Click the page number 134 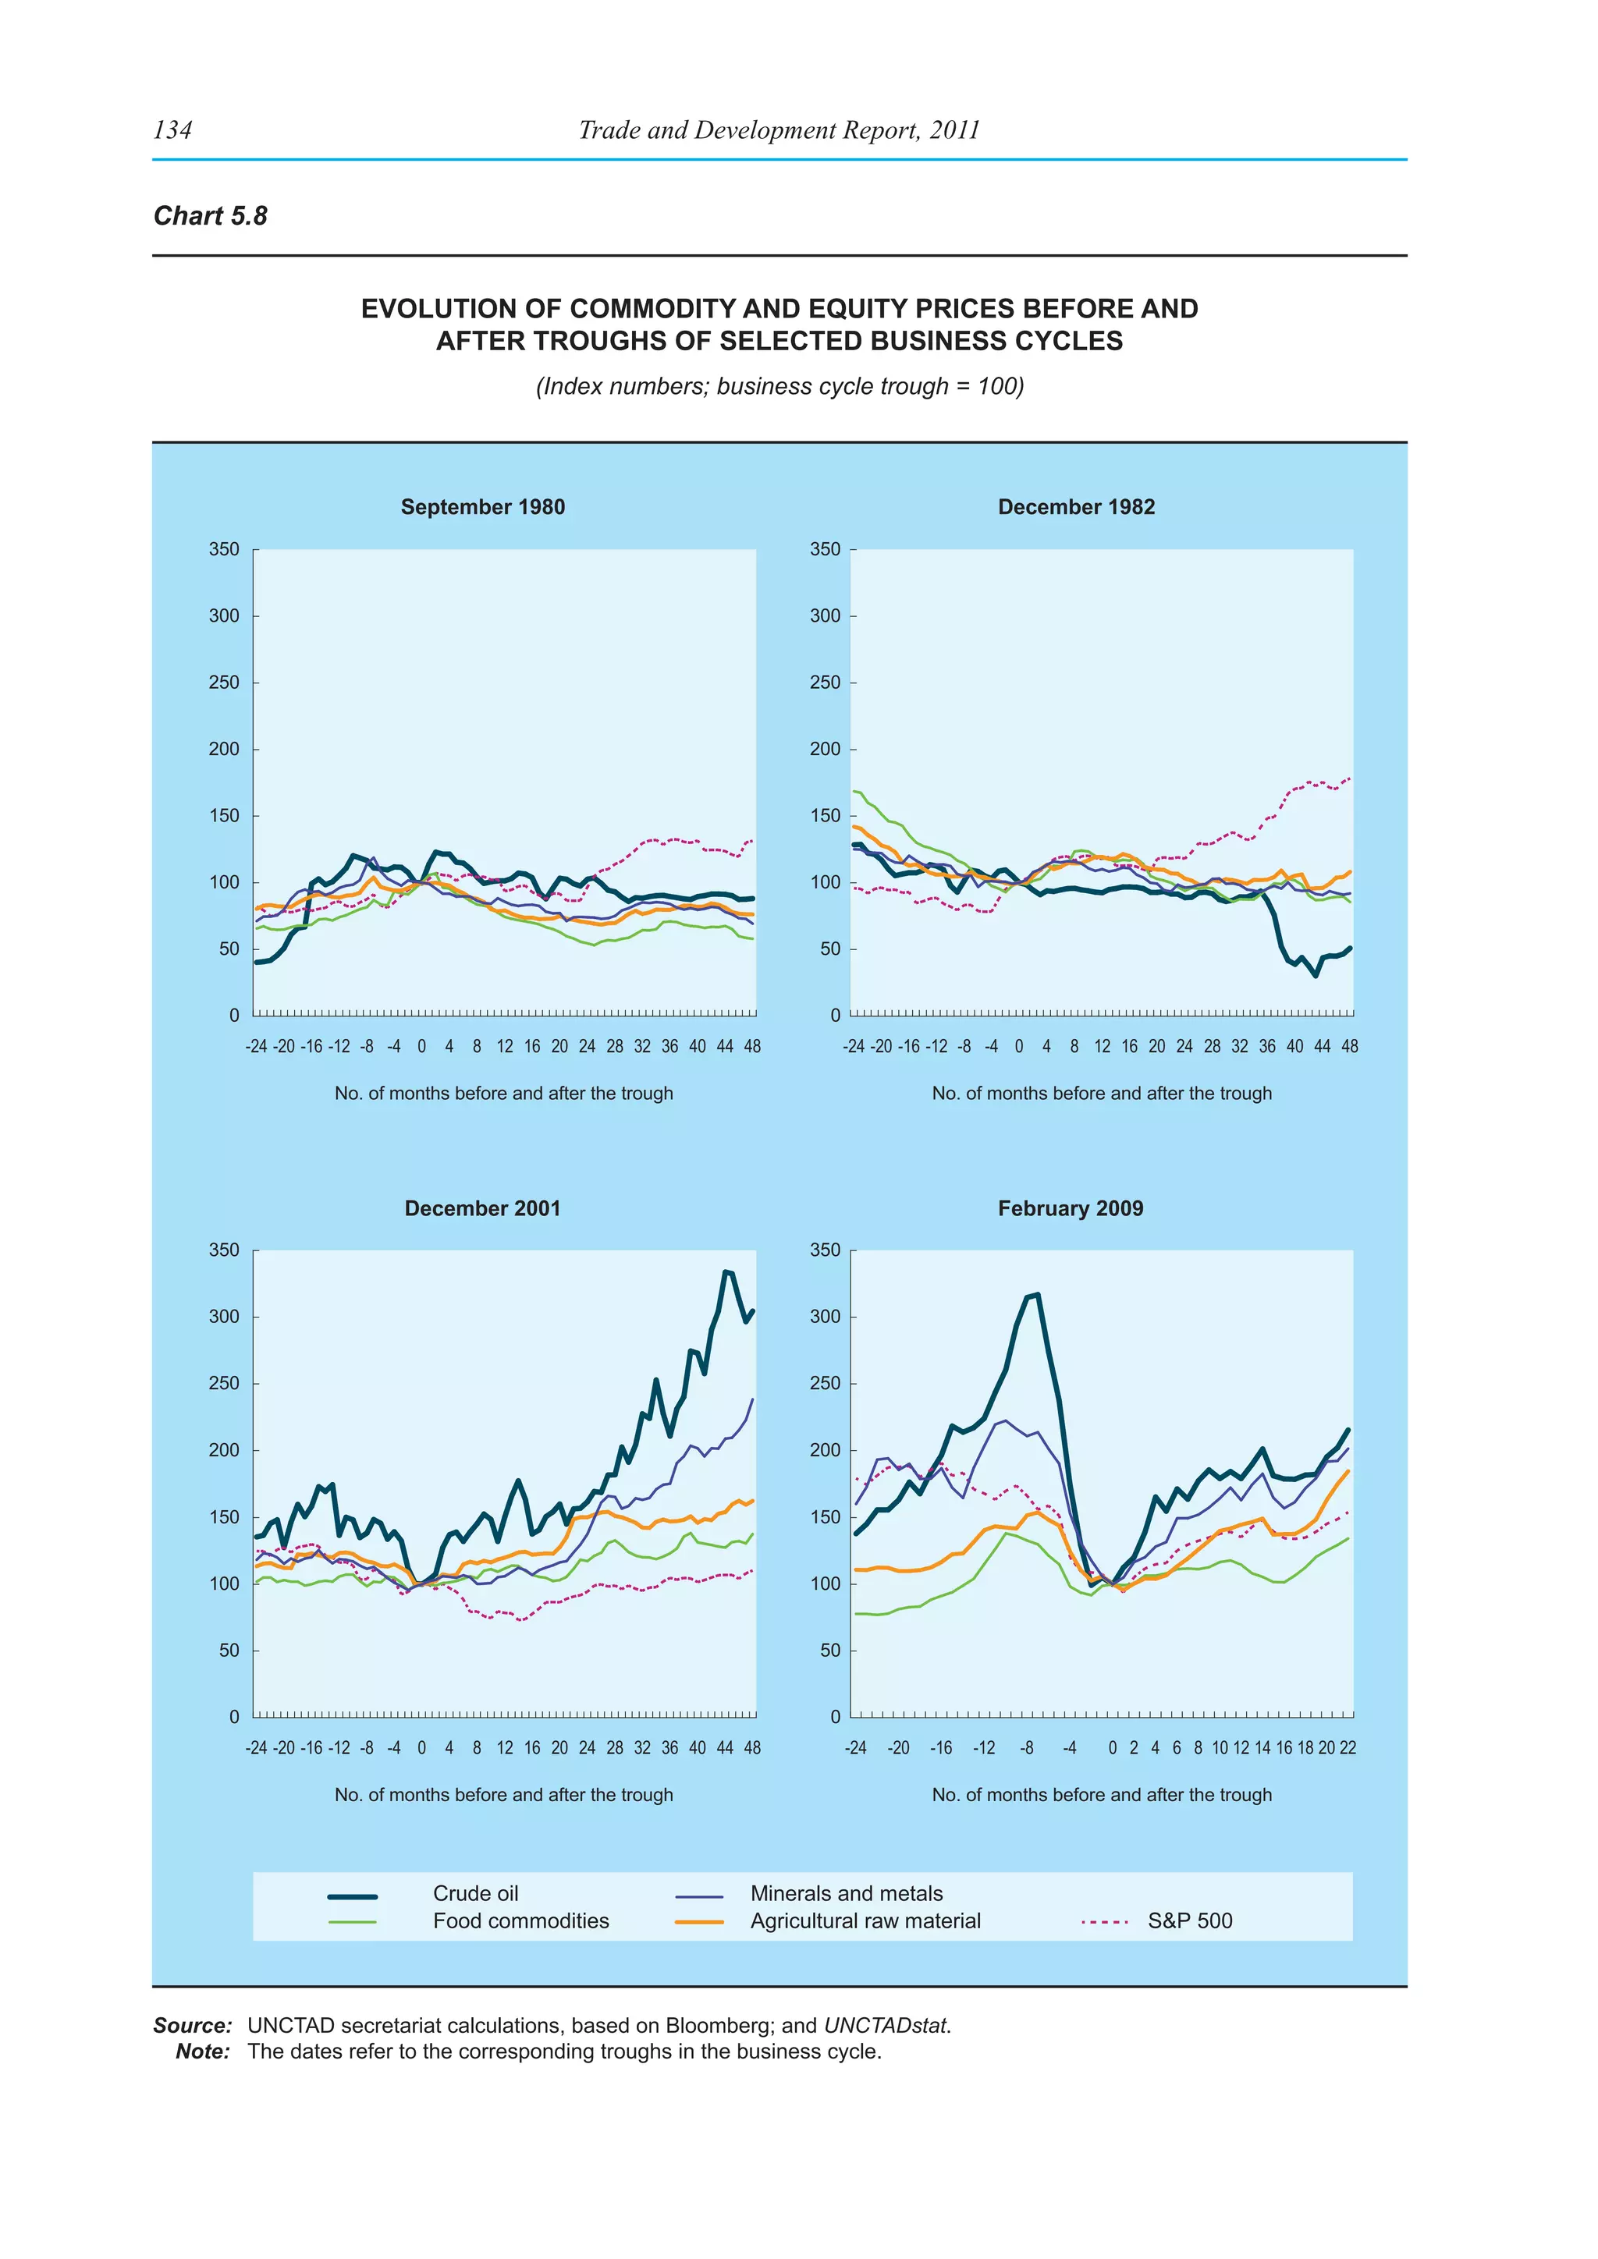coord(173,129)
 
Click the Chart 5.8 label coord(211,215)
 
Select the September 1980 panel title coord(482,507)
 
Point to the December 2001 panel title coord(482,1208)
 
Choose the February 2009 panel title coord(1071,1208)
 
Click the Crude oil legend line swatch coord(352,1896)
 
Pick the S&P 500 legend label coord(1190,1920)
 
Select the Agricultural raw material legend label coord(865,1920)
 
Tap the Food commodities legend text coord(520,1920)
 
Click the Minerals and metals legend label coord(847,1893)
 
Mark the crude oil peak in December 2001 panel coord(726,1271)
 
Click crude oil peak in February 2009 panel coord(1037,1295)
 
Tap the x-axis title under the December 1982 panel coord(1101,1093)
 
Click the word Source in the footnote coord(192,2026)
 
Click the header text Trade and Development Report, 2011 coord(779,129)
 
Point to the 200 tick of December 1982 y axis coord(825,749)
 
